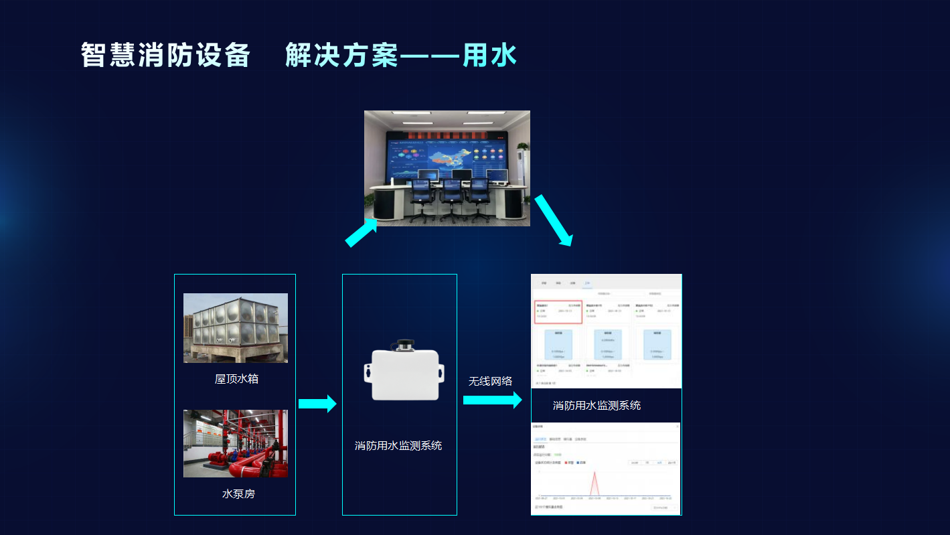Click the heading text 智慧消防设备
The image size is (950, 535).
(165, 55)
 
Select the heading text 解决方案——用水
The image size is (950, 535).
(401, 55)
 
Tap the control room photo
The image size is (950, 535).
(447, 167)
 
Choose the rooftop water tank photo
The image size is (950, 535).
(236, 327)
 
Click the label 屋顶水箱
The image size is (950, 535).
(236, 379)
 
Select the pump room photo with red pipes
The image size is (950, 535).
(236, 443)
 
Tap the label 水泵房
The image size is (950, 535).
(238, 494)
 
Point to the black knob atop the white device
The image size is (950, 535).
(404, 344)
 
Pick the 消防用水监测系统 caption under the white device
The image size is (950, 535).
(398, 445)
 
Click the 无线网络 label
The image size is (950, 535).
(490, 381)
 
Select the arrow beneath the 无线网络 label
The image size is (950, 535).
(492, 400)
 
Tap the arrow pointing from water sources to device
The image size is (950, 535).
(317, 403)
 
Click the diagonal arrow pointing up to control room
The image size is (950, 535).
(362, 234)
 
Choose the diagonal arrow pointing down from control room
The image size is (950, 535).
(553, 220)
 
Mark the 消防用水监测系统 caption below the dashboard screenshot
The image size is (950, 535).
(597, 405)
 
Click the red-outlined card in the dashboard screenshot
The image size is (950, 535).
(558, 312)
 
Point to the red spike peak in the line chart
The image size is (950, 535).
(595, 472)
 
